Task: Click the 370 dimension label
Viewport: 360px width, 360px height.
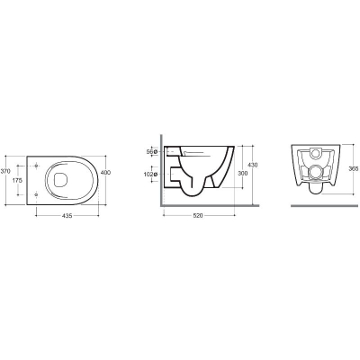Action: click(5, 172)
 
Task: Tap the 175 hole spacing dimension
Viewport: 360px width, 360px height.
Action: click(17, 180)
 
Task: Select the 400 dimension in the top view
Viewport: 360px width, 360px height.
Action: click(105, 173)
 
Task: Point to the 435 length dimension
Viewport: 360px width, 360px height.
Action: click(67, 216)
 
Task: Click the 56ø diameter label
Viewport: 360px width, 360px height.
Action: click(152, 152)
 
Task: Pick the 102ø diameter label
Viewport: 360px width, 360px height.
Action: click(151, 174)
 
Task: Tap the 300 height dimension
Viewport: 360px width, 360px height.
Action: click(243, 174)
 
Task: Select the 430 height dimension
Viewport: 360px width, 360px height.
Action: click(253, 165)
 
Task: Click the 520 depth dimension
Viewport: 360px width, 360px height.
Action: click(198, 216)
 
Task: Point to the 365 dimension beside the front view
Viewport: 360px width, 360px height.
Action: click(354, 169)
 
